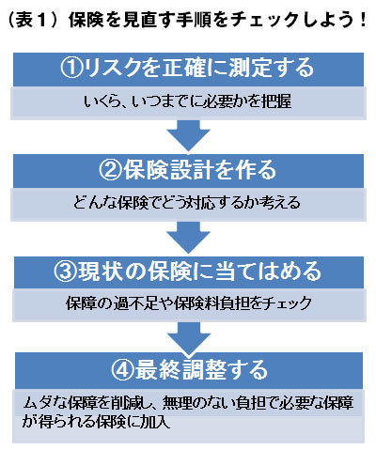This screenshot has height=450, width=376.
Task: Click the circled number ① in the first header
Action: coord(71,68)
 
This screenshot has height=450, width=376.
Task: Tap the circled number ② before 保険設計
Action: coord(110,170)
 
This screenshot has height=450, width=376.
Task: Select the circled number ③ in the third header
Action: coord(65,272)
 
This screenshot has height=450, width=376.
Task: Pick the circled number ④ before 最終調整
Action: coord(122,370)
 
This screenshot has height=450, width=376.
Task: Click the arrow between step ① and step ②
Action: coord(188,135)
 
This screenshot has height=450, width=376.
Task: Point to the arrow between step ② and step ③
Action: coord(188,238)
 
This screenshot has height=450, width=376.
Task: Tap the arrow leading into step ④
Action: coord(189,338)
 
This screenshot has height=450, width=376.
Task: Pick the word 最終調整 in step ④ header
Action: coord(181,370)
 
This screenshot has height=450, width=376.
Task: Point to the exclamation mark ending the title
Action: coord(363,21)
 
